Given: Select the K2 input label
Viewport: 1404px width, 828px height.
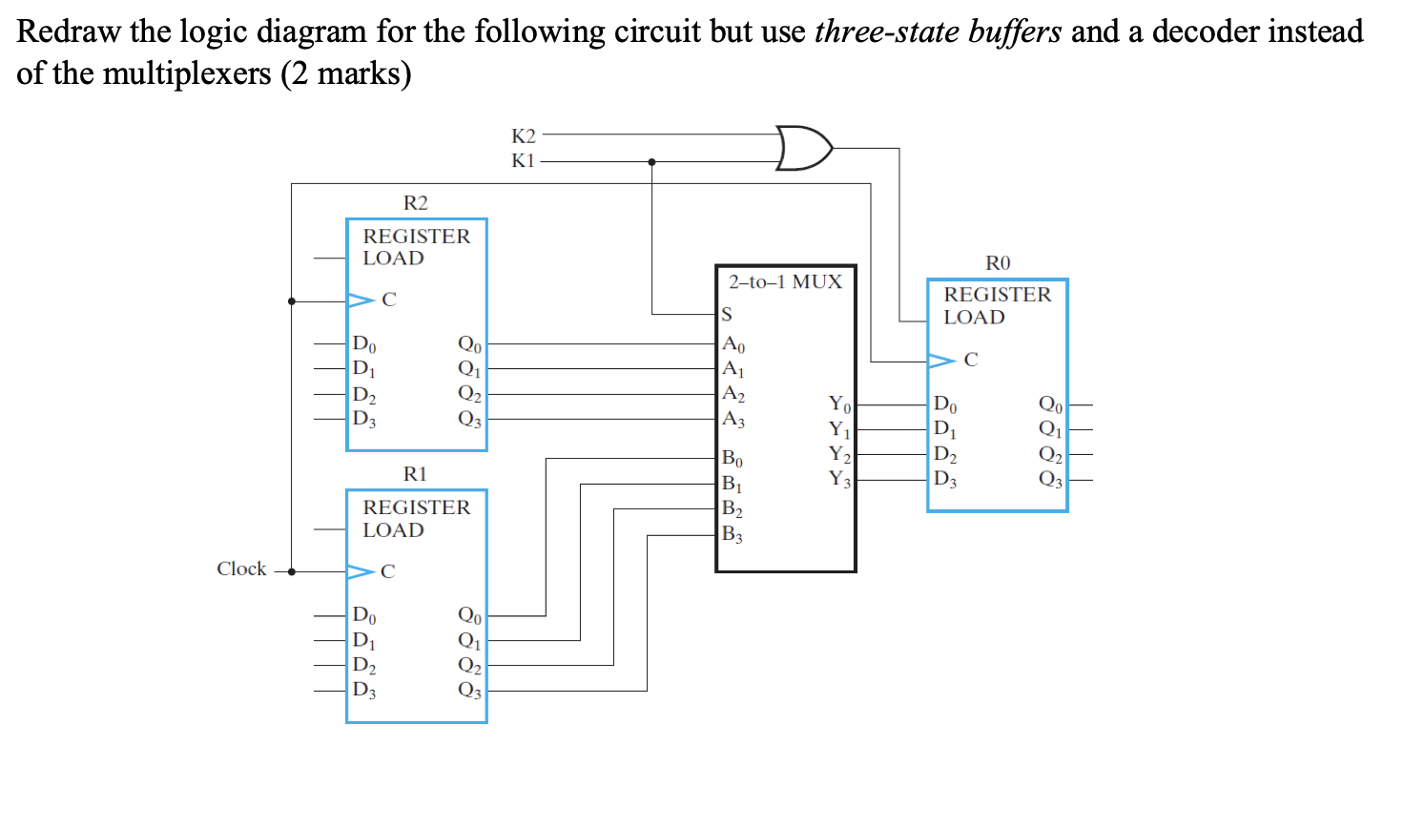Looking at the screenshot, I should click(x=523, y=135).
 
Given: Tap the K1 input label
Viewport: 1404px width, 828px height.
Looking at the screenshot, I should click(x=523, y=160).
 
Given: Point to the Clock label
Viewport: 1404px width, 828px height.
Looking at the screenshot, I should click(x=241, y=569).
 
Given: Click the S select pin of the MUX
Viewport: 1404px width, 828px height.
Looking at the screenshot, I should click(x=727, y=314).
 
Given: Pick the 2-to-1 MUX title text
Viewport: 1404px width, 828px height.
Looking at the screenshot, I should click(x=785, y=281).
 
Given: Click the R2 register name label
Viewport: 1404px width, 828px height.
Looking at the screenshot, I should click(x=415, y=202).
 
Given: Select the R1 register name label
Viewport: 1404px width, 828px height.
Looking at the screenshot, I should click(x=415, y=474).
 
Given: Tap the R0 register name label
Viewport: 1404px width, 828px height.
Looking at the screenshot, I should click(x=997, y=262).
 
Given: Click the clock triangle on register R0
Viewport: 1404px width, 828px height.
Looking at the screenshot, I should click(x=941, y=361).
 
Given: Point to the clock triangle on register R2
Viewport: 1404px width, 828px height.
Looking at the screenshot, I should click(x=361, y=300).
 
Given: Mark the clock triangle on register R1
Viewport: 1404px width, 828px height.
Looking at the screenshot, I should click(x=361, y=571).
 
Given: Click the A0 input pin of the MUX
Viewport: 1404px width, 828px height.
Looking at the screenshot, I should click(x=733, y=344).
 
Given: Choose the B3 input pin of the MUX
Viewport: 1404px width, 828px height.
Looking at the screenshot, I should click(x=732, y=534).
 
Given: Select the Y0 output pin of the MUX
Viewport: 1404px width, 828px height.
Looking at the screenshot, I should click(x=839, y=404).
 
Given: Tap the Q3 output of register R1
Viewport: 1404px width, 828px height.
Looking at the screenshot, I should click(x=469, y=690).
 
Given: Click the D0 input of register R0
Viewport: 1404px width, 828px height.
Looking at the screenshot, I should click(x=945, y=404).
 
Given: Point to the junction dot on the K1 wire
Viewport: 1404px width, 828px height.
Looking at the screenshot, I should click(x=651, y=162).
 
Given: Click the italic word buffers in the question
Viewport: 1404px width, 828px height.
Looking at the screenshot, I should click(x=1014, y=31).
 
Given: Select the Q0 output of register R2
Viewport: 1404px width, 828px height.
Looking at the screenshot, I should click(x=469, y=343).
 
